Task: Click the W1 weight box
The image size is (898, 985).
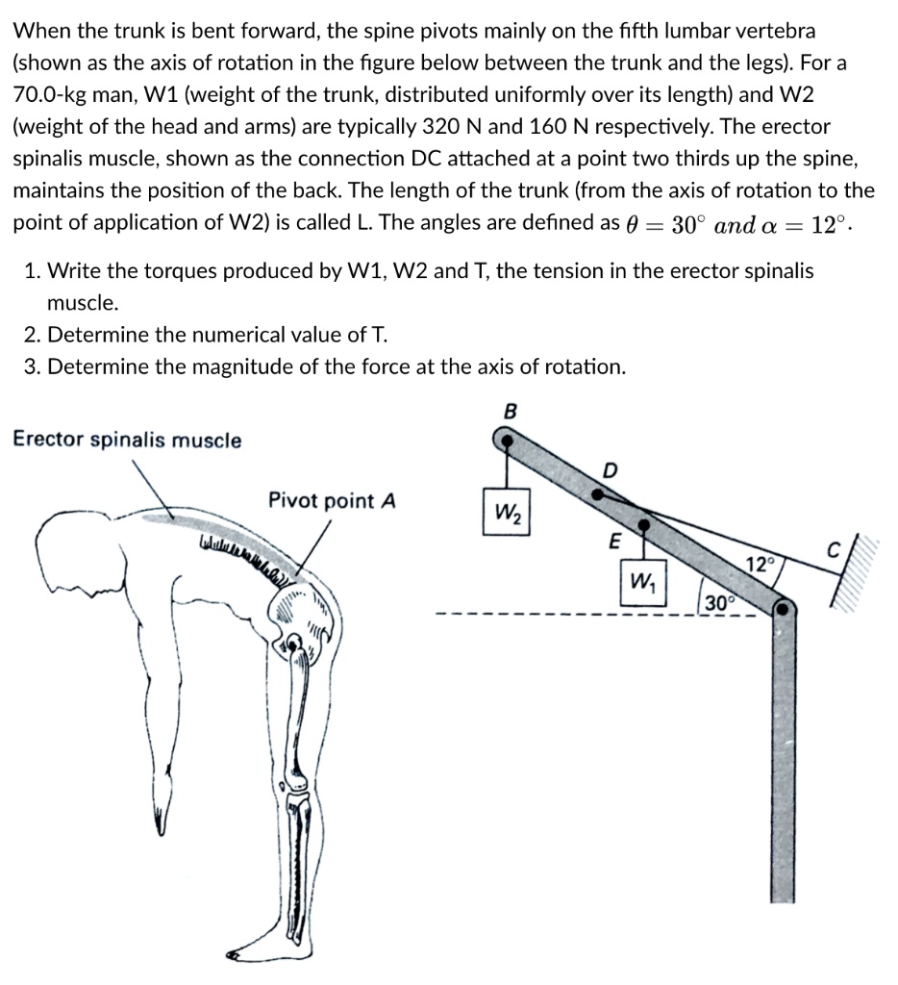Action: pyautogui.click(x=638, y=582)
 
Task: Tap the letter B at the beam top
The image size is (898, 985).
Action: pyautogui.click(x=511, y=411)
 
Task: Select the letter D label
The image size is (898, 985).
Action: pyautogui.click(x=610, y=469)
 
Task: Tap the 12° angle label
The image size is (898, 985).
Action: pyautogui.click(x=759, y=565)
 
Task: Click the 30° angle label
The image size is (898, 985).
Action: pyautogui.click(x=716, y=603)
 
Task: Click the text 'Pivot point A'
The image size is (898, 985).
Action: pyautogui.click(x=332, y=501)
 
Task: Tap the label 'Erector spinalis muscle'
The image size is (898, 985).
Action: pyautogui.click(x=127, y=441)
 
